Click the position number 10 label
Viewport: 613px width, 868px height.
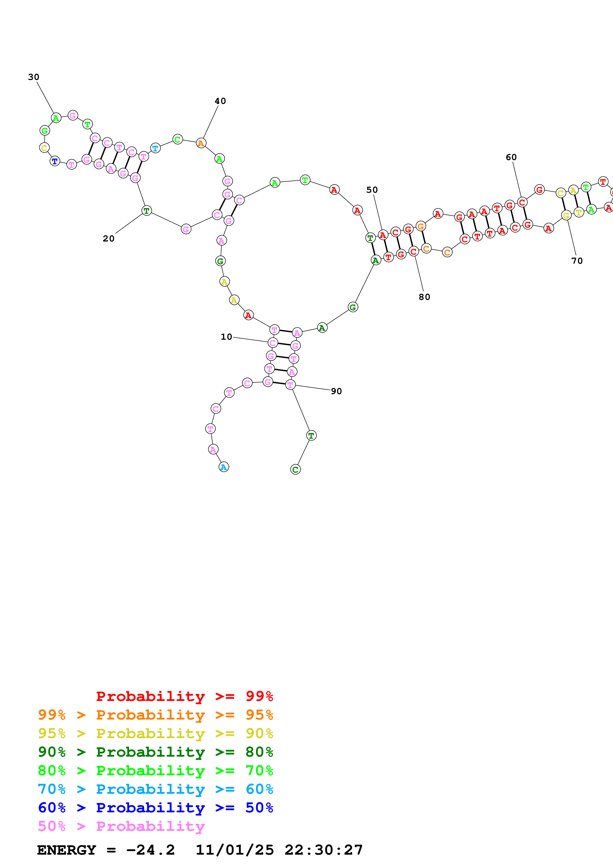point(226,337)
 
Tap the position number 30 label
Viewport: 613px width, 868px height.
point(34,77)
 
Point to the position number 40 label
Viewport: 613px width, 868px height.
point(220,101)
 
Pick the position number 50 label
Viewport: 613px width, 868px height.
point(372,190)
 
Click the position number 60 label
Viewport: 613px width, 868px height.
point(511,157)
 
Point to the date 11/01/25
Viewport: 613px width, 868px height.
point(235,850)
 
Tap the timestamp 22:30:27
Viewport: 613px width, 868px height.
point(324,850)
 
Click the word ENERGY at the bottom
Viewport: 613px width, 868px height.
point(67,850)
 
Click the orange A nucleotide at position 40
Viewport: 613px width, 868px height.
point(201,143)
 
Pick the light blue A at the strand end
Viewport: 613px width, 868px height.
point(224,467)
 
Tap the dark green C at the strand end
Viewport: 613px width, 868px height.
point(295,470)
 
